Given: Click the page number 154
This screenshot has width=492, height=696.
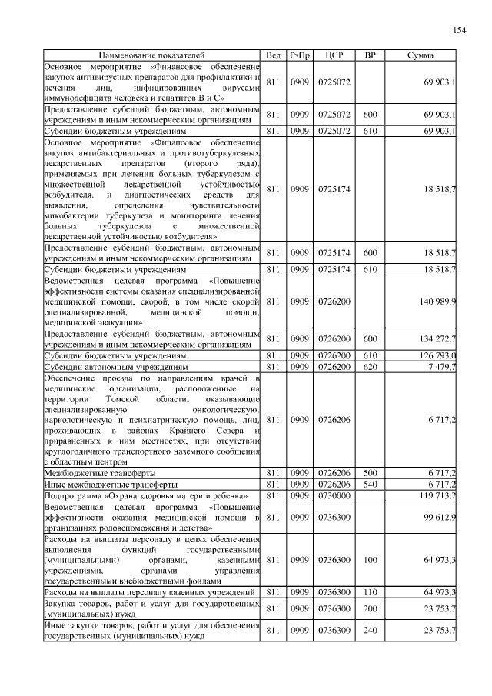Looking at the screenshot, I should pos(459,30).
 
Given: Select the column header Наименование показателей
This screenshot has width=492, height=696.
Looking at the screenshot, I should pos(152,55).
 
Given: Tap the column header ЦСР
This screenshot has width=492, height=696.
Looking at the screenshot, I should pos(334,55).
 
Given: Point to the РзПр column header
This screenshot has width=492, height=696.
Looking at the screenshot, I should pos(300,55).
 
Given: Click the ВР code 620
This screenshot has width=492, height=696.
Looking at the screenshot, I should pos(370,367).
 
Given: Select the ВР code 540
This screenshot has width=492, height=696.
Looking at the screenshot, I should pos(370,485).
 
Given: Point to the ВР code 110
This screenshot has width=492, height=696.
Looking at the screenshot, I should pos(370,592).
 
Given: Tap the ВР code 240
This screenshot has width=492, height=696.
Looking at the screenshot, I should pos(370,630).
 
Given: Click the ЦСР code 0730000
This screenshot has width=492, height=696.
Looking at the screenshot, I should pos(334,497).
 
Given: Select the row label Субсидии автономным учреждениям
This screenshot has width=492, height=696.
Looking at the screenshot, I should pos(115,368).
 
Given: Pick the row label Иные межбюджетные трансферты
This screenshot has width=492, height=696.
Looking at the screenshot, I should pos(111,486).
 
